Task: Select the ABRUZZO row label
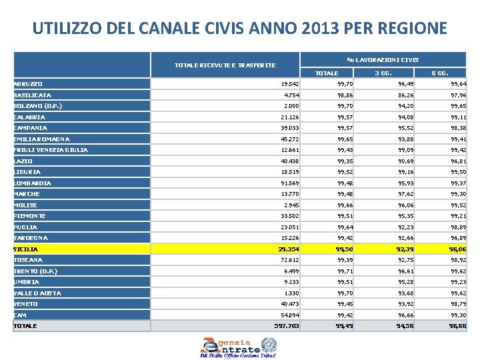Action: click(28, 84)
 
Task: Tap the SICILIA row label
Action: click(26, 249)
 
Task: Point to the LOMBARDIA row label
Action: click(32, 183)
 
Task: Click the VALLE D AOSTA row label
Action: click(37, 293)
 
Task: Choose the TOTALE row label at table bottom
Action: click(25, 326)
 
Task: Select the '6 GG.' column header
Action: click(439, 73)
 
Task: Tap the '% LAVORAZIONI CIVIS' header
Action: click(383, 60)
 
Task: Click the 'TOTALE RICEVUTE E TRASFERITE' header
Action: click(225, 65)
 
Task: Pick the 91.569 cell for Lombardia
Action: click(290, 183)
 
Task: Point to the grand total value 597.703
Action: click(287, 326)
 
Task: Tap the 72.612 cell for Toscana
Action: click(290, 260)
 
